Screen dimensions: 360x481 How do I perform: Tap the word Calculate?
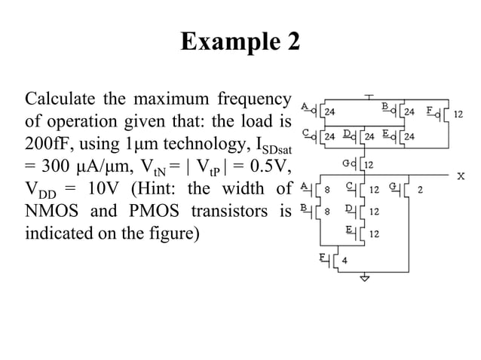pyautogui.click(x=60, y=99)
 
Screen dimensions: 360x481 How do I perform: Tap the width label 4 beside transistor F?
pyautogui.click(x=345, y=261)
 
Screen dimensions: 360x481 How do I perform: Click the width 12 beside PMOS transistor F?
pyautogui.click(x=458, y=114)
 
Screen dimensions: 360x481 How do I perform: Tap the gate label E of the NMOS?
pyautogui.click(x=349, y=227)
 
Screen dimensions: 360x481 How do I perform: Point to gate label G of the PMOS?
pyautogui.click(x=345, y=162)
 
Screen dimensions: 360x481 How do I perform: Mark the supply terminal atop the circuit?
pyautogui.click(x=369, y=97)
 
